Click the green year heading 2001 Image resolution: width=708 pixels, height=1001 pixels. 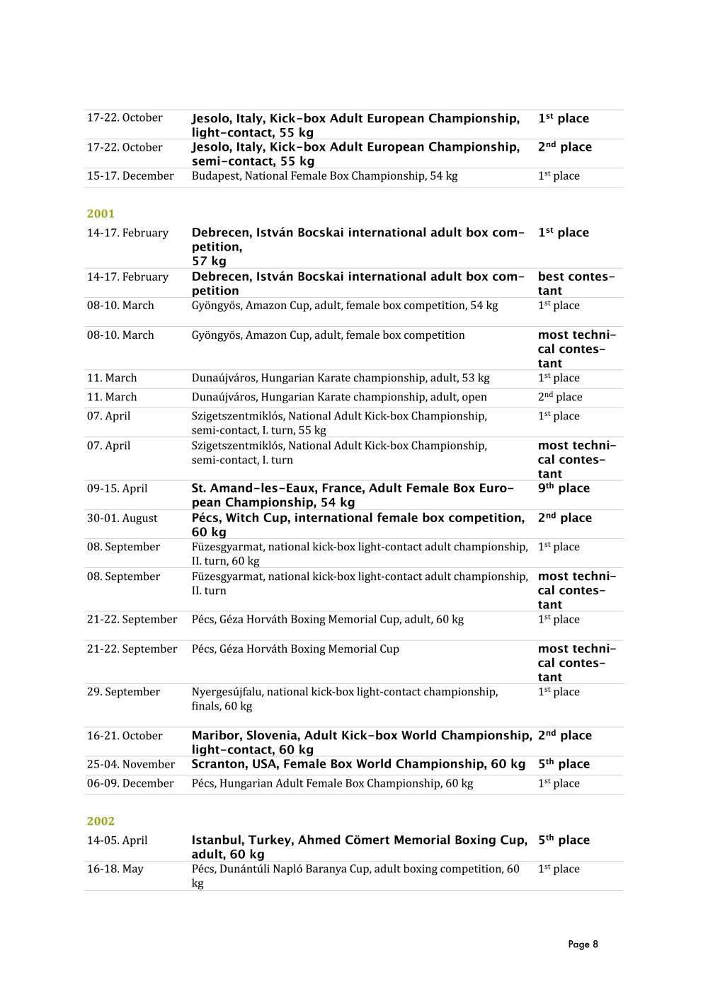point(101,214)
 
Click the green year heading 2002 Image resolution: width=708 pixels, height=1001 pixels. point(101,821)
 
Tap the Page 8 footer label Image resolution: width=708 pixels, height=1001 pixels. point(583,944)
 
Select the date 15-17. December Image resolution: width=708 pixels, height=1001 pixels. point(130,176)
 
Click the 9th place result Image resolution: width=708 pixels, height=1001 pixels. point(564,488)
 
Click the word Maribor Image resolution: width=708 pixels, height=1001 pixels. point(215,736)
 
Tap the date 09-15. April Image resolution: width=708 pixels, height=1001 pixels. point(118,489)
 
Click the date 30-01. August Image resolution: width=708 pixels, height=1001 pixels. point(122,519)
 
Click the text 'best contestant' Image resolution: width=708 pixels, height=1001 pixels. point(576,284)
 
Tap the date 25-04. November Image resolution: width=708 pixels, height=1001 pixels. point(131,765)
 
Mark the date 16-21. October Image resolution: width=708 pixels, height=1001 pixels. point(125,736)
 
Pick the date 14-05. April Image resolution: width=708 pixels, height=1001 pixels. point(118,841)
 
